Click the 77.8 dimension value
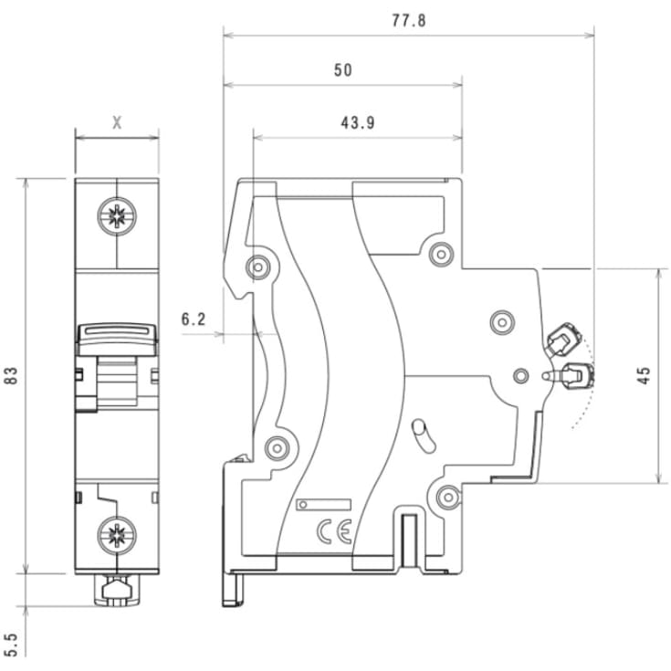coord(408,20)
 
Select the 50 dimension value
coord(342,70)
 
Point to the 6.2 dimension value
coord(194,319)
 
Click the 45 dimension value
coord(644,376)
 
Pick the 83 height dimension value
coord(12,376)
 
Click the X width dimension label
coord(117,122)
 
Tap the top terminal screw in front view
coord(117,217)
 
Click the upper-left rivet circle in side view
coord(258,267)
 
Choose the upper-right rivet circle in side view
coord(441,253)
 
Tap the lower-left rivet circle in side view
coord(277,446)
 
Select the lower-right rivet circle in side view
coord(447,496)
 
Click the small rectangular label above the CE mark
coord(325,504)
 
